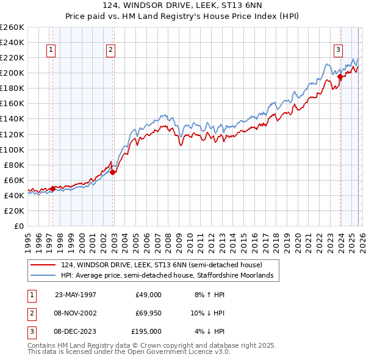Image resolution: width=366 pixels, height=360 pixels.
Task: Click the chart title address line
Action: pos(182,6)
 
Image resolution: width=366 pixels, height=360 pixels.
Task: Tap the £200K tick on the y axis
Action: pos(12,73)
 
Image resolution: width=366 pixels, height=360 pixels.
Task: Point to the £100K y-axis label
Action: pos(12,149)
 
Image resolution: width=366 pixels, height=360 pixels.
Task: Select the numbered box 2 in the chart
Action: pos(110,51)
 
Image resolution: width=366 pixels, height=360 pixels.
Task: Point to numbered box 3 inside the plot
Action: pos(337,51)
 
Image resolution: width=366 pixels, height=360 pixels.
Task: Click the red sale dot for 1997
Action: pos(53,189)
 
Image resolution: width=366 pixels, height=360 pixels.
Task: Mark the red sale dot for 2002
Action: pos(112,173)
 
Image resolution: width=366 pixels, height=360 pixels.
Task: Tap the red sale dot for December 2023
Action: pos(340,76)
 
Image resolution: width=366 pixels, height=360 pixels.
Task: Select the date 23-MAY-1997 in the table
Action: pos(76,295)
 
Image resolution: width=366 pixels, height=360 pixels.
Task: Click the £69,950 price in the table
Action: pos(148,313)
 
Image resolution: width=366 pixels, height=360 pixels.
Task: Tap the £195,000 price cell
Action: pos(146,331)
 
